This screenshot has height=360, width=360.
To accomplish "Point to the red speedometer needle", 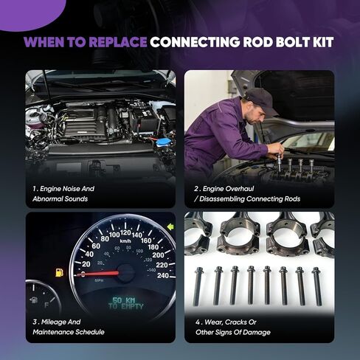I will (103, 272).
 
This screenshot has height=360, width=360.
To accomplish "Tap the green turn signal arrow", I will (170, 226).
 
